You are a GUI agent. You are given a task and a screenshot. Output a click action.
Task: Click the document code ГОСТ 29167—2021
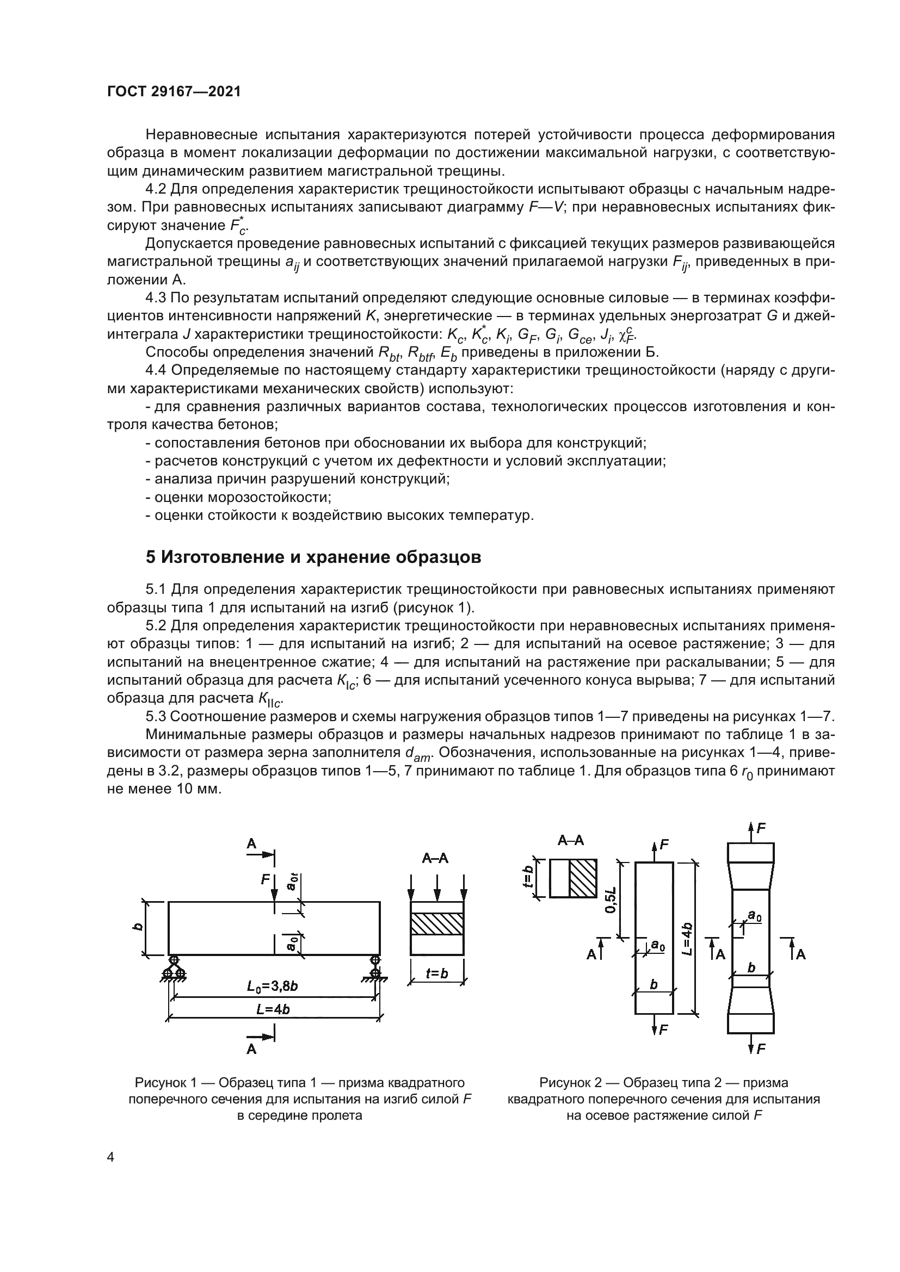[174, 92]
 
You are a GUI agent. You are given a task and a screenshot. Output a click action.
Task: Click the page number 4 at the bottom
[111, 1158]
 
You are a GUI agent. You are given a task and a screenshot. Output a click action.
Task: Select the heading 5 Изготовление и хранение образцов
[313, 557]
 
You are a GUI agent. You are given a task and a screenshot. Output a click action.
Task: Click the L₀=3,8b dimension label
[273, 986]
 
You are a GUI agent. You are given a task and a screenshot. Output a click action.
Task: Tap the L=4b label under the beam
[273, 1009]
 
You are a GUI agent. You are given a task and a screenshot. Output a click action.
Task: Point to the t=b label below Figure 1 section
[437, 973]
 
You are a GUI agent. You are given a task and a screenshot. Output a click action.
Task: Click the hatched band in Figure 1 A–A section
[437, 923]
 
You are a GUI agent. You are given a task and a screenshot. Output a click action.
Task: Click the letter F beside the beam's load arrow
[266, 879]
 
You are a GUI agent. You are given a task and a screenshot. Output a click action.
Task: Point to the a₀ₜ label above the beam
[292, 881]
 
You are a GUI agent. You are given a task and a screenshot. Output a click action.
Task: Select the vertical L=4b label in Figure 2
[687, 939]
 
